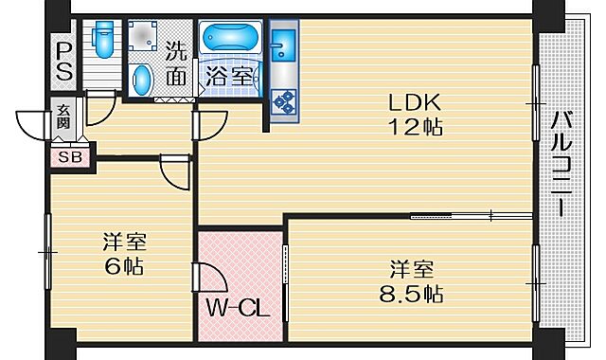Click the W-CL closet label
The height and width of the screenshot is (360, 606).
pos(238,308)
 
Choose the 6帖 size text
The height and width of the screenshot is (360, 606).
pos(124,268)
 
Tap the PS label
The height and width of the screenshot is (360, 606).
pos(64,59)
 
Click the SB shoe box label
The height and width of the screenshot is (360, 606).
pos(71,157)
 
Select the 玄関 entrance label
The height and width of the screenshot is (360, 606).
pos(62,117)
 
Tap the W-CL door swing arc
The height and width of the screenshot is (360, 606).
pos(210,279)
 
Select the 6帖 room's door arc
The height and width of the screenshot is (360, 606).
pos(176,171)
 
